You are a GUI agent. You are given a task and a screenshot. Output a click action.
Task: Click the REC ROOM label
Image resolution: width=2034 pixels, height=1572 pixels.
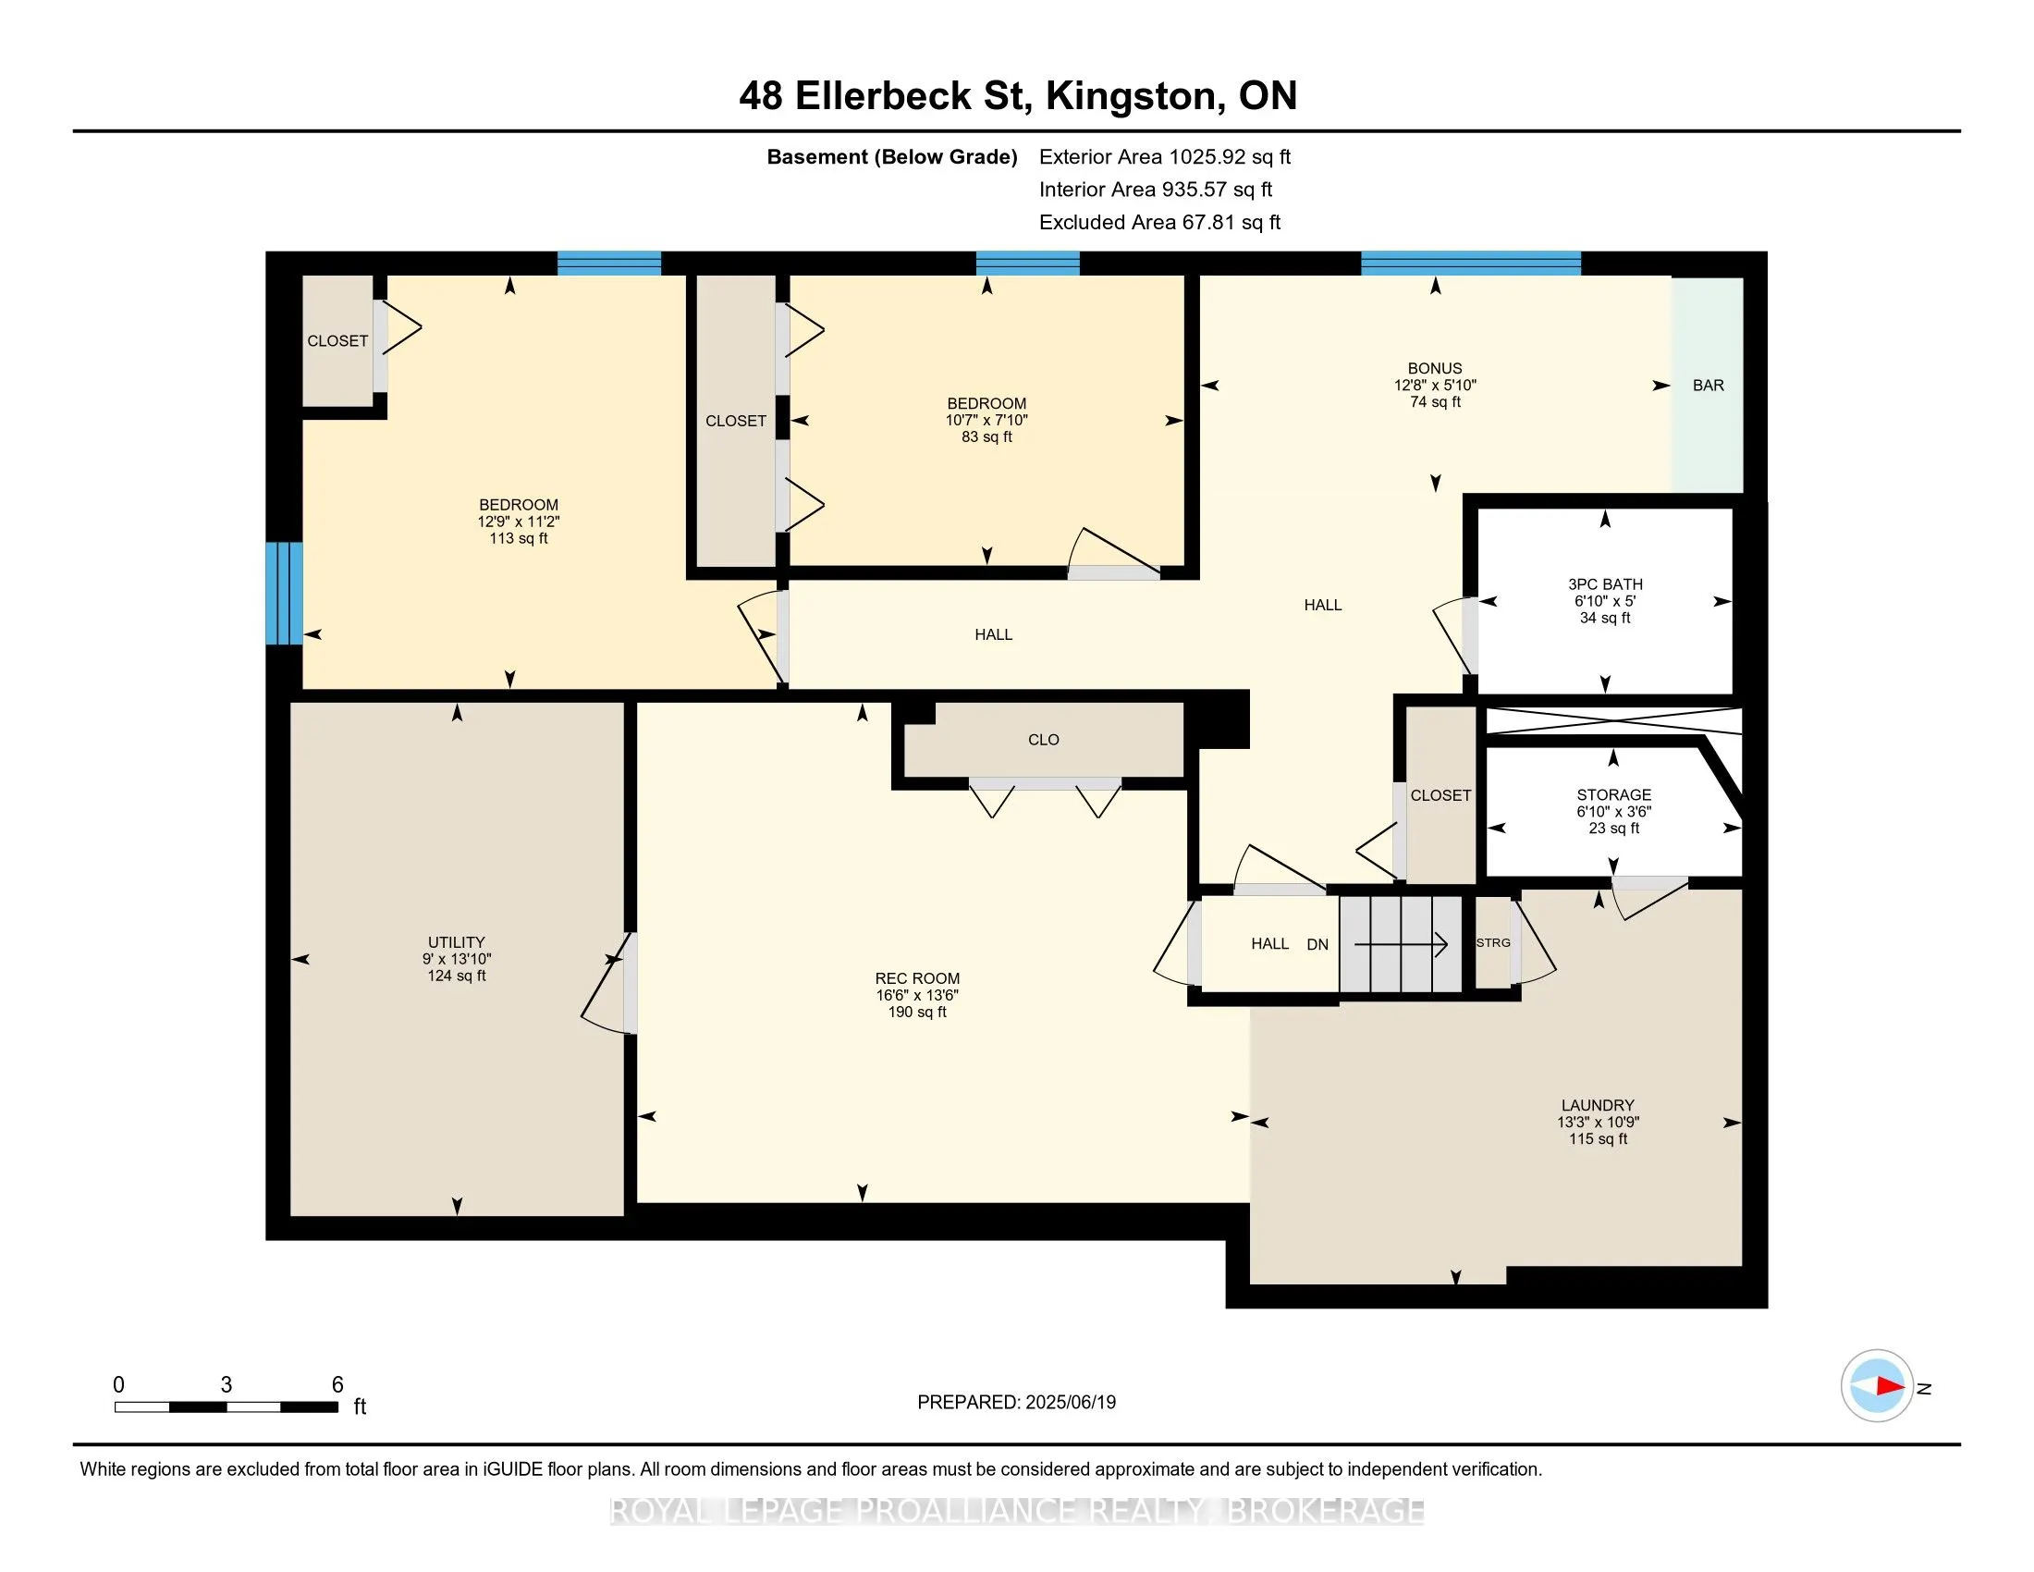tap(917, 977)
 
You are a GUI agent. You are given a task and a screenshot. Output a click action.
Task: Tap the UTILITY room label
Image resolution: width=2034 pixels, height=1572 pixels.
tap(457, 941)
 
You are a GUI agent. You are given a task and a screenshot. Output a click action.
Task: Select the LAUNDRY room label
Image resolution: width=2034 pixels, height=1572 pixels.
tap(1599, 1105)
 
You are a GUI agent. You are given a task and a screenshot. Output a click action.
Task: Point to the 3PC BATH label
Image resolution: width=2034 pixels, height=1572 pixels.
tap(1605, 583)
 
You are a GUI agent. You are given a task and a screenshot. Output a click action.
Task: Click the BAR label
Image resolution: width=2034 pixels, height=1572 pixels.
tap(1708, 386)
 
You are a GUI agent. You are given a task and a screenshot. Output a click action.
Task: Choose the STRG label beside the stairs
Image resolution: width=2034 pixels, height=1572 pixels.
tap(1493, 942)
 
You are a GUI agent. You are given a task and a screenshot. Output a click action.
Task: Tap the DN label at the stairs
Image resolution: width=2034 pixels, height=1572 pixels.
tap(1317, 944)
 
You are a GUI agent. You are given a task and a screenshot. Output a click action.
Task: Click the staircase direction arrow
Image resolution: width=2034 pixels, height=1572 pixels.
tap(1400, 944)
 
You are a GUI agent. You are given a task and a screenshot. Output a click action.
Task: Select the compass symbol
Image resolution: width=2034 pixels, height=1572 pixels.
tap(1877, 1386)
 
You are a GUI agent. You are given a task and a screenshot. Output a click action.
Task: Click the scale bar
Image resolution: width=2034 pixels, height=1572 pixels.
tap(227, 1407)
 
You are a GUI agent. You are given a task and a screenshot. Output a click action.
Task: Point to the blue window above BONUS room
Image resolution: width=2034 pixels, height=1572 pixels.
tap(1471, 264)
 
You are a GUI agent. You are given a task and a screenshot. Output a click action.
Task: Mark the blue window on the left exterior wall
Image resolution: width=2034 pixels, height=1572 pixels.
tap(284, 594)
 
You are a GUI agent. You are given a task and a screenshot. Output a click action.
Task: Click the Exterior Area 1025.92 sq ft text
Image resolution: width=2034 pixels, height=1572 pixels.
tap(1165, 157)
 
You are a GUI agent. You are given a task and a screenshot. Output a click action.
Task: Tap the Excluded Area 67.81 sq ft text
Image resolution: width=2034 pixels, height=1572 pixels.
tap(1159, 223)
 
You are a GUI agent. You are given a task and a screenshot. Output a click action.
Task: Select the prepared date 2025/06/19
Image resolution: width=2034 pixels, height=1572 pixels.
tap(1070, 1403)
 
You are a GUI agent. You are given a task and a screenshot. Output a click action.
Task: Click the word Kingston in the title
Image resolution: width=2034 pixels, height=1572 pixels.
tap(1131, 96)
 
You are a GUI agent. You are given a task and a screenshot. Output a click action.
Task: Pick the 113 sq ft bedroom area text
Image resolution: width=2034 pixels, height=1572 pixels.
tap(519, 538)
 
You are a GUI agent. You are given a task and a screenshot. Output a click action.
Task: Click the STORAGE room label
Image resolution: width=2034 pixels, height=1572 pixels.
tap(1614, 794)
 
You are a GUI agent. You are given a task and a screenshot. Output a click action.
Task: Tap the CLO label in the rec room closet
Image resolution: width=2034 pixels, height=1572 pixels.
tap(1043, 740)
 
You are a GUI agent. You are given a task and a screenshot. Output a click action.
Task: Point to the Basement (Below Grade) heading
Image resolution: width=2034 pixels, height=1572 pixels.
tap(891, 157)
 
